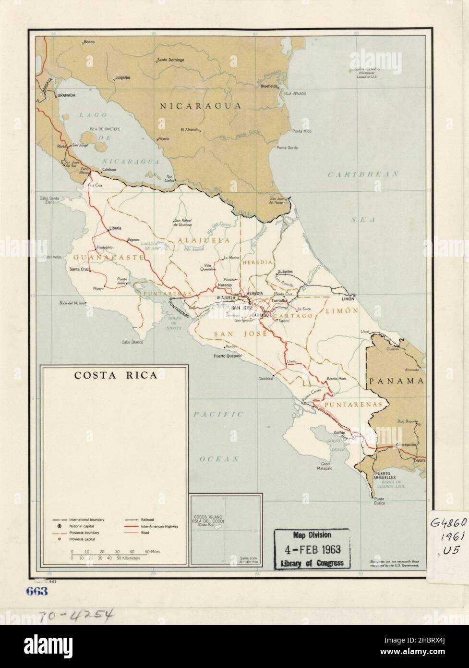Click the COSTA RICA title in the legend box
(115, 375)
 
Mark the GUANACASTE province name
(108, 258)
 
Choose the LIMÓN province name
(342, 311)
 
